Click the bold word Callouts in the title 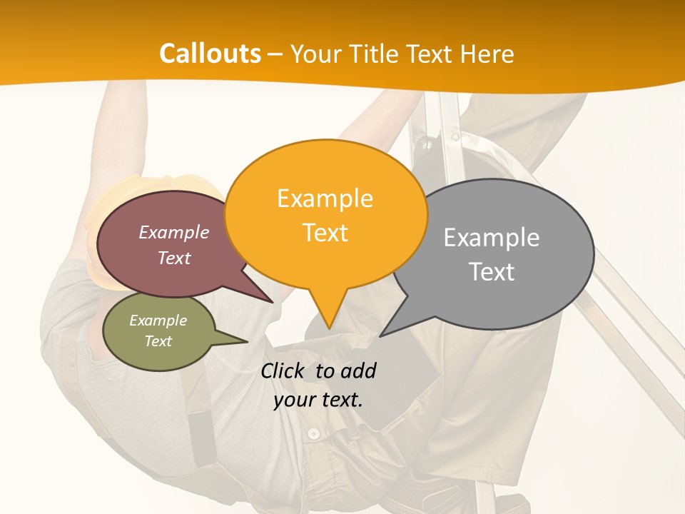tap(210, 54)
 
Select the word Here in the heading tap(485, 54)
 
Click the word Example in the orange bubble tap(325, 198)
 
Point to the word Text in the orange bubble tap(325, 233)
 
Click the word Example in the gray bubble tap(491, 238)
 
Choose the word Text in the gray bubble tap(492, 272)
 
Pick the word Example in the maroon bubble tap(174, 233)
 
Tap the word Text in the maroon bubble tap(174, 258)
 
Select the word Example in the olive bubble tap(158, 321)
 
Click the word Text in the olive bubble tap(158, 341)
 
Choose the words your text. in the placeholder tap(318, 400)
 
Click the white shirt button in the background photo tap(313, 433)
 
